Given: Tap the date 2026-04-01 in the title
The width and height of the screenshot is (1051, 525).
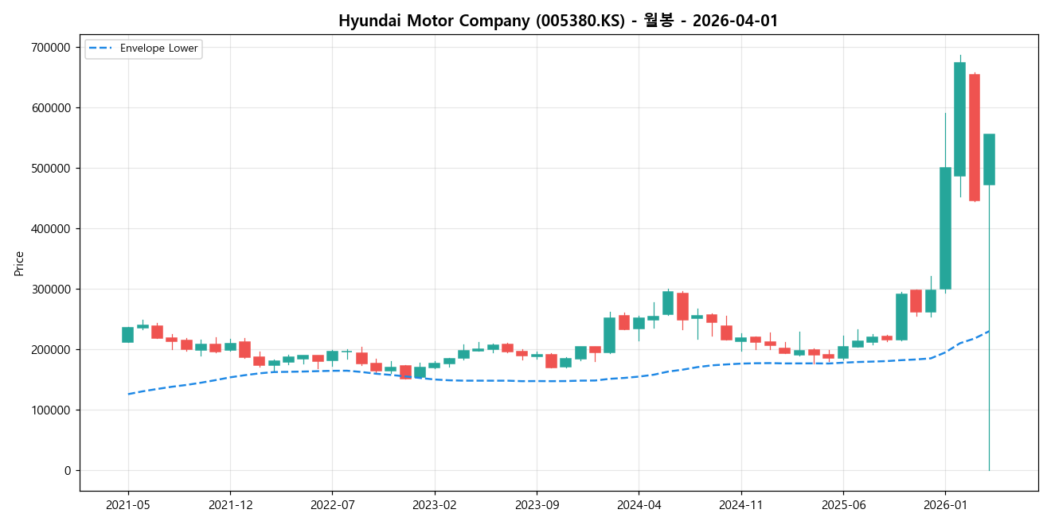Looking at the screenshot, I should click(x=735, y=21).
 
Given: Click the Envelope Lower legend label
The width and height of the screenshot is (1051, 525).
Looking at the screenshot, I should click(x=158, y=49).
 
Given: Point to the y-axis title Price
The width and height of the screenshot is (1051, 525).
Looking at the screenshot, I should click(x=19, y=263).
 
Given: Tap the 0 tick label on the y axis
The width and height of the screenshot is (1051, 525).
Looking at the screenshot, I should click(x=68, y=471).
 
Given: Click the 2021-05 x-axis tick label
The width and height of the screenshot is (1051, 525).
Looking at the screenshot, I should click(x=128, y=505).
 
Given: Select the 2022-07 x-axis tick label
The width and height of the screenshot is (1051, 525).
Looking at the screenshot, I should click(x=332, y=505).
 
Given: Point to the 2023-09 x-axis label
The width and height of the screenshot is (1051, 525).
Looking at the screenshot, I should click(x=537, y=505).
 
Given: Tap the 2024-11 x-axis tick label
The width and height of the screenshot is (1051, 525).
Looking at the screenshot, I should click(x=741, y=505).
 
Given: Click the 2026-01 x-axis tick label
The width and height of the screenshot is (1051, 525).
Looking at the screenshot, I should click(x=945, y=505).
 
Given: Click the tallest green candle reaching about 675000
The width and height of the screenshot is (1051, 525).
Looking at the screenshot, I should click(x=959, y=119).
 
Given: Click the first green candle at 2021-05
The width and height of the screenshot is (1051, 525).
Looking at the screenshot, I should click(x=127, y=335).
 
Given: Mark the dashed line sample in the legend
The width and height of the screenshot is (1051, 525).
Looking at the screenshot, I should click(x=102, y=49).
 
